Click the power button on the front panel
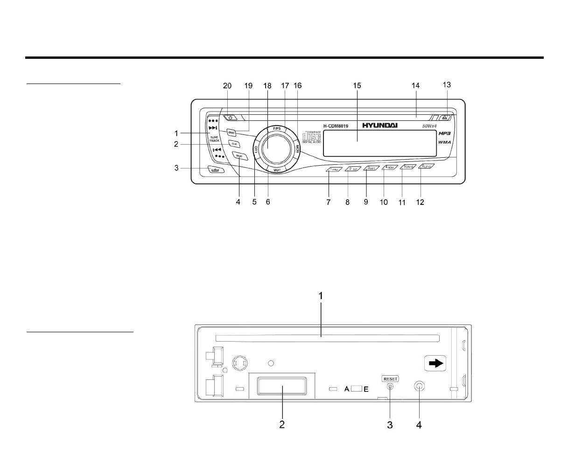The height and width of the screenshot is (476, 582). [x=230, y=118]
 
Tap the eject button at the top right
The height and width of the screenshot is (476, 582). [x=446, y=118]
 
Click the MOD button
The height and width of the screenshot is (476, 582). [x=239, y=156]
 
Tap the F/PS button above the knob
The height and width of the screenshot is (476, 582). [x=276, y=128]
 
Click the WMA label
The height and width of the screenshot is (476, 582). [x=444, y=142]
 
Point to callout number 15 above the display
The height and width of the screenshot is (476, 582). [x=357, y=85]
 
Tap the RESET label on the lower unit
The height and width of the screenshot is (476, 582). [x=390, y=378]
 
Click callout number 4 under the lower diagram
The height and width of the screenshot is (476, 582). [x=419, y=425]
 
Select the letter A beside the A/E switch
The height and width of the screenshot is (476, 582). [x=347, y=389]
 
